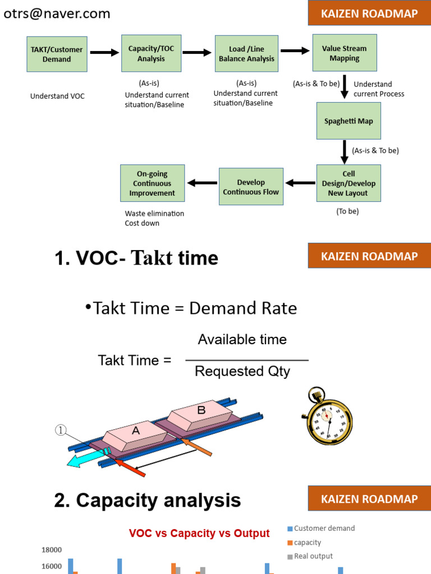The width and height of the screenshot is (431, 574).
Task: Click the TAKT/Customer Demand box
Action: point(57,54)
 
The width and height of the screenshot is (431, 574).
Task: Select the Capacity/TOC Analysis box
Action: point(151,53)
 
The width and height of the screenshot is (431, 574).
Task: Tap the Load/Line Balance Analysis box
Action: point(246,53)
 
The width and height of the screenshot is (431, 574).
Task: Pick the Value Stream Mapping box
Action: point(344,53)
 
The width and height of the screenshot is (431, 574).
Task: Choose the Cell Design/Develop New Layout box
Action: point(349,183)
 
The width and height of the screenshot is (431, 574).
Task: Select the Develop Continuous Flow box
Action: point(250,187)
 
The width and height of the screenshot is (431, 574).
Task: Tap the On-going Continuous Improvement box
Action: point(152,183)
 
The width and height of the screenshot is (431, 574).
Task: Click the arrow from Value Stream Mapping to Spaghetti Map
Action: point(345,86)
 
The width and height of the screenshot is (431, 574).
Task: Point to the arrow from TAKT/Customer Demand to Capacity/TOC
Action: point(104,53)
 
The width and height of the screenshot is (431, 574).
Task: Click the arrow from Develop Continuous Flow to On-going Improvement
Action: point(202,183)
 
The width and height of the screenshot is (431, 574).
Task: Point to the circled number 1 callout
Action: point(61,430)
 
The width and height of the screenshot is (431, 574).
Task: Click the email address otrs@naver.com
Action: point(57,14)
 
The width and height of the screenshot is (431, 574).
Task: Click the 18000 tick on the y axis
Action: point(52,550)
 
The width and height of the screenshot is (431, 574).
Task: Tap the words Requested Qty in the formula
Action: point(242,371)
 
